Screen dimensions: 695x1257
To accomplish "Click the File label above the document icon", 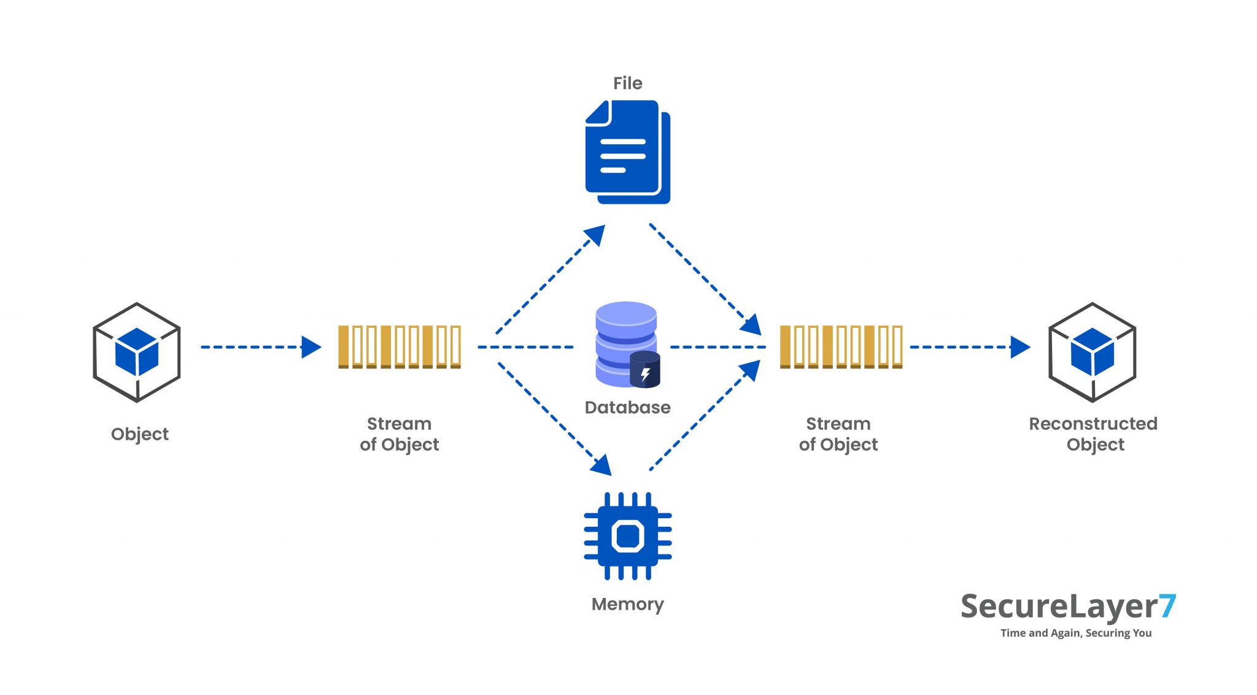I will (x=627, y=83).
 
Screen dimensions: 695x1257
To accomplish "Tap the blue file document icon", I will (x=626, y=152).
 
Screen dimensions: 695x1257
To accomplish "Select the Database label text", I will (x=627, y=407).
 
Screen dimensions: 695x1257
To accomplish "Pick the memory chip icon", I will (x=627, y=536).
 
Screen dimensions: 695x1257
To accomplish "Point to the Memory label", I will (x=627, y=604).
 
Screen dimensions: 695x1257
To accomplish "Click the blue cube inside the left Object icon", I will (x=137, y=351).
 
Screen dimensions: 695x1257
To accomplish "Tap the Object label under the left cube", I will (x=139, y=434).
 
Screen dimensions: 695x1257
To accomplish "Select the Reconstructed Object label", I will (x=1093, y=433).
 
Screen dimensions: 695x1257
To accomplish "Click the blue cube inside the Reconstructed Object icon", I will (x=1093, y=351).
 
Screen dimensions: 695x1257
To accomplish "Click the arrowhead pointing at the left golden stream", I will (x=311, y=347).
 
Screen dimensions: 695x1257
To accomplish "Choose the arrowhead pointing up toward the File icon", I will (x=595, y=235).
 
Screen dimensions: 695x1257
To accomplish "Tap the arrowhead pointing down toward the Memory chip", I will (x=601, y=465).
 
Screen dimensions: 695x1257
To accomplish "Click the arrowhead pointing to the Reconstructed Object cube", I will (x=1019, y=347).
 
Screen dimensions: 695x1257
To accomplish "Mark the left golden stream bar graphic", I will (x=400, y=347).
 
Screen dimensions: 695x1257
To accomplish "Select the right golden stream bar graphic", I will (x=841, y=347).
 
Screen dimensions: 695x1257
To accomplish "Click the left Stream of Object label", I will (x=400, y=433).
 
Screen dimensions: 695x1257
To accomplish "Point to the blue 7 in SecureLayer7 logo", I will (x=1167, y=606).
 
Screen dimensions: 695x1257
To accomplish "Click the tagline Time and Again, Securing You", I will (x=1075, y=633).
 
